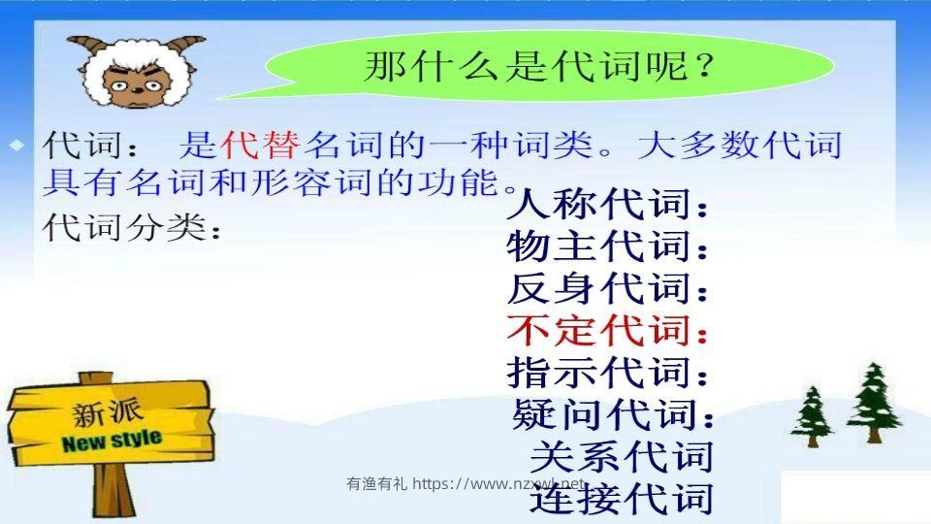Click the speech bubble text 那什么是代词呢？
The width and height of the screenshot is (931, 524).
click(539, 68)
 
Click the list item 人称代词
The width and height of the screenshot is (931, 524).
click(607, 206)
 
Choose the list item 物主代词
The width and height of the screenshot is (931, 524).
click(607, 247)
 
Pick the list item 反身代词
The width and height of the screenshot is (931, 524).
click(607, 289)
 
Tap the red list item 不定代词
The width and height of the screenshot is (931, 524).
click(607, 331)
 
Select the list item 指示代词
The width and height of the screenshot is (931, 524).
click(607, 373)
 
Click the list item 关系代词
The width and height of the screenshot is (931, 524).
click(621, 456)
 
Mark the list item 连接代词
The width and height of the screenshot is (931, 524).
click(621, 498)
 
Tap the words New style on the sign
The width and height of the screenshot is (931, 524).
click(112, 442)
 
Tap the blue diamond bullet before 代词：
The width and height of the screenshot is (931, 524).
click(16, 146)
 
